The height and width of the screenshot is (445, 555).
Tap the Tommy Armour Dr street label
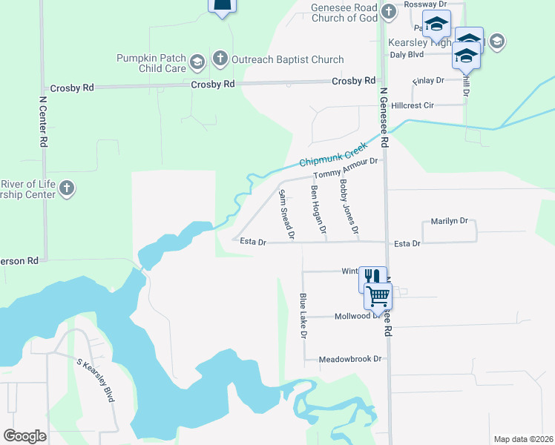pos(346,168)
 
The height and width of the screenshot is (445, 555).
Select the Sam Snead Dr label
pos(286,215)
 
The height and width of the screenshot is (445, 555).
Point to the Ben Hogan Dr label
pos(318,211)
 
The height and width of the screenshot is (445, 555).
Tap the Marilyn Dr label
pos(450,221)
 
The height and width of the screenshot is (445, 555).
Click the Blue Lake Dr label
pos(303,316)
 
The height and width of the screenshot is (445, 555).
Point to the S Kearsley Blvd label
pos(96,380)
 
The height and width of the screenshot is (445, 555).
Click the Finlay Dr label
pos(428,80)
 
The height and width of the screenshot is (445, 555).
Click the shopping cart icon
pos(378,296)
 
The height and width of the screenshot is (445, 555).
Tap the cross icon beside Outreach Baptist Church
pos(220,59)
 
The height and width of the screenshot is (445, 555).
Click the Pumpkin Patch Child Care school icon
pos(197,61)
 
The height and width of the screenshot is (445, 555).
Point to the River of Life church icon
pos(67,188)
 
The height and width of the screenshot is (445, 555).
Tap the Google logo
pos(25,436)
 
